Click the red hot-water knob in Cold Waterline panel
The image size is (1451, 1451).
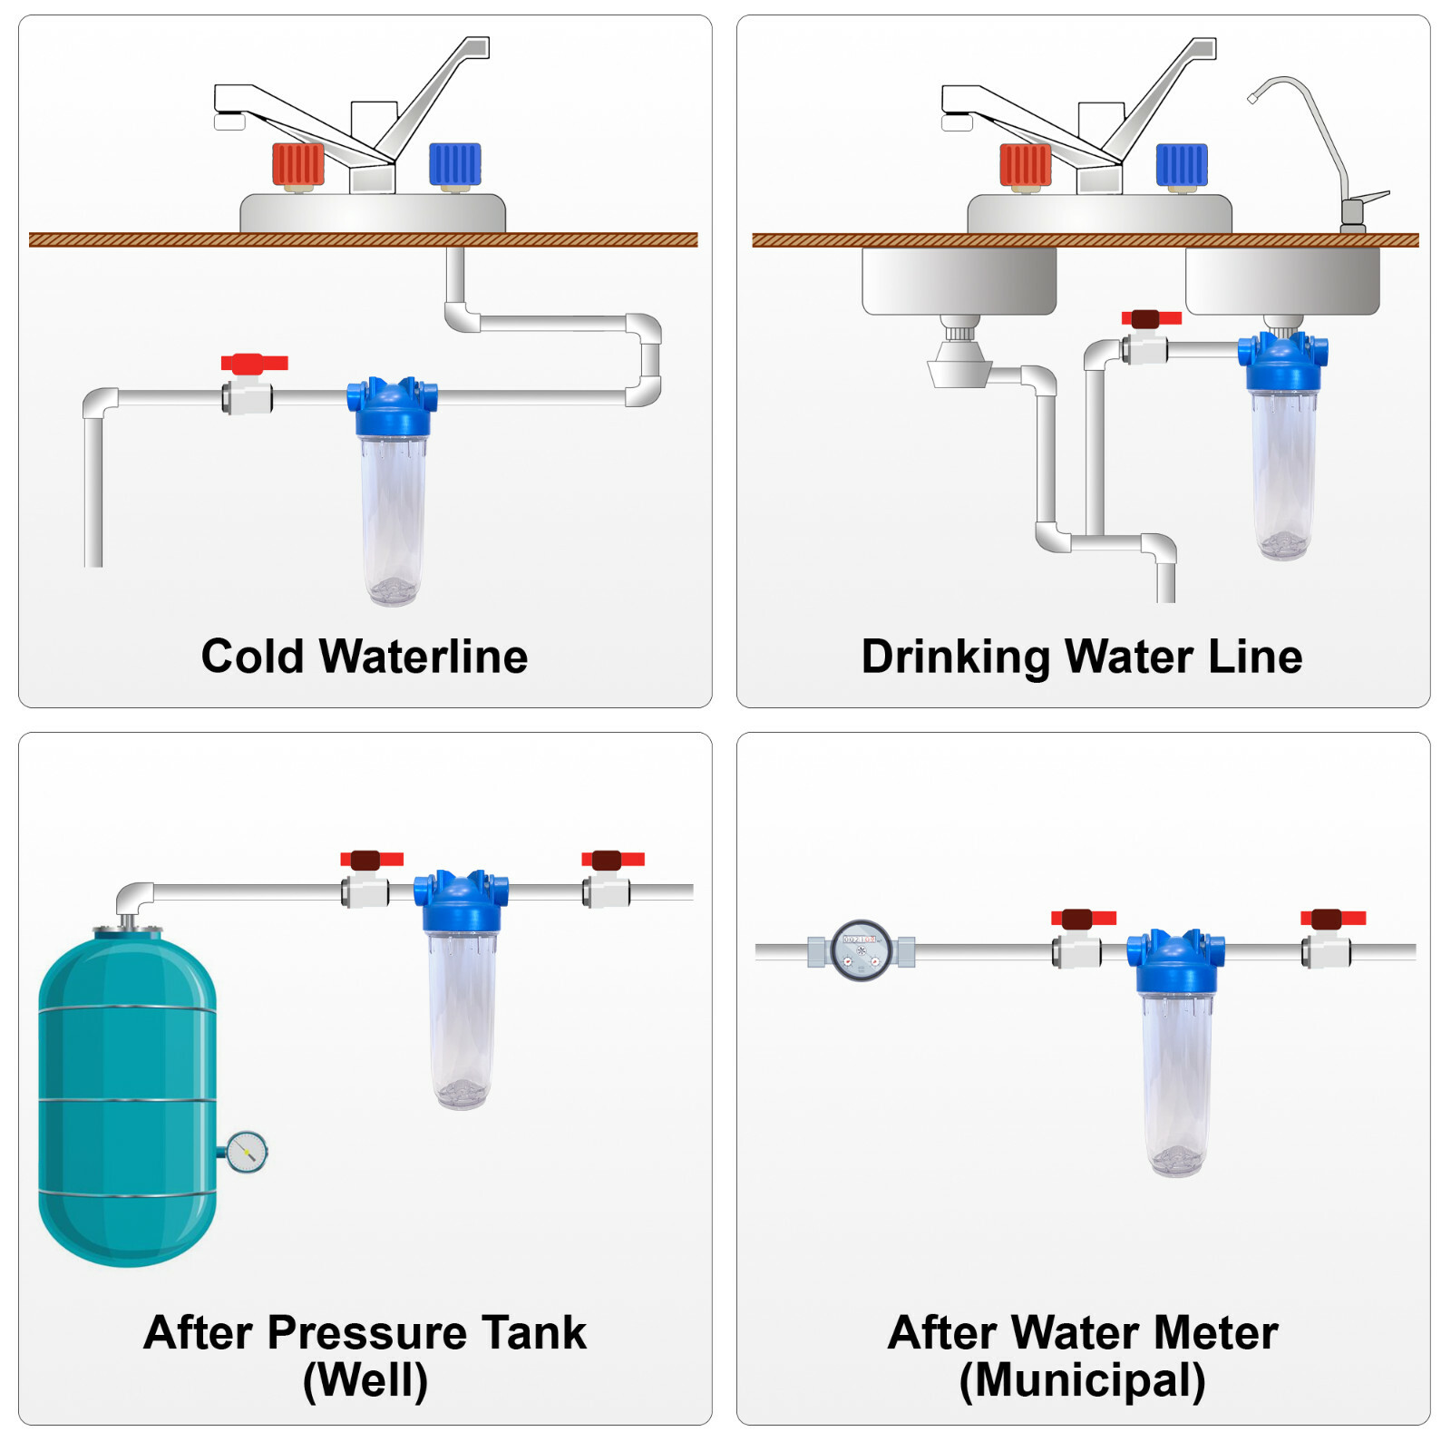tap(297, 165)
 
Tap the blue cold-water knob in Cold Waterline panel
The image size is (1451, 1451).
tap(454, 165)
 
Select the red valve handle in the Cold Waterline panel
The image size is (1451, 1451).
tap(254, 364)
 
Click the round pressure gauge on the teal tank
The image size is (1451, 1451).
tap(246, 1152)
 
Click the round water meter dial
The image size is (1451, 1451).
tap(862, 951)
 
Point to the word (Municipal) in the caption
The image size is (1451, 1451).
tap(1082, 1381)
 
